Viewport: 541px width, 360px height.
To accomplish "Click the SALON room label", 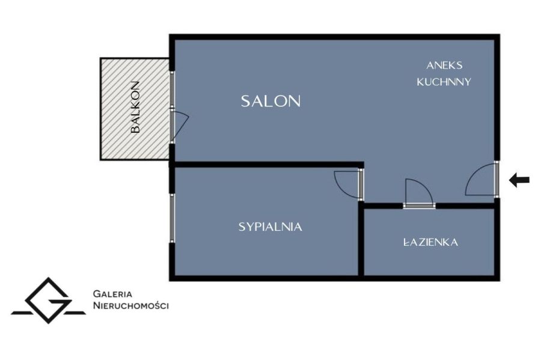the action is click(x=270, y=101).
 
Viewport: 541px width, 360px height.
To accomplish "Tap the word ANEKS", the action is click(x=444, y=65).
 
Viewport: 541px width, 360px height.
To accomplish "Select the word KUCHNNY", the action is click(x=444, y=82).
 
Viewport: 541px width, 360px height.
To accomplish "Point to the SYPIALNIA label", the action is click(x=270, y=227).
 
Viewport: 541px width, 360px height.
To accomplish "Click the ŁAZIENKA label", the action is click(x=430, y=242).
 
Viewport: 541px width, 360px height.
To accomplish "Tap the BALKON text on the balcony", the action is click(x=136, y=107).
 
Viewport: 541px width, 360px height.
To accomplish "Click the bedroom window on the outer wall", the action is click(x=172, y=218).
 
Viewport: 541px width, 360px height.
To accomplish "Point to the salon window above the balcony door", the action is click(x=172, y=90).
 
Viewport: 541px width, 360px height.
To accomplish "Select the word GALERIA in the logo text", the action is click(x=112, y=294).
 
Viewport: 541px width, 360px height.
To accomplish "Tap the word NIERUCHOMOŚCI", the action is click(x=131, y=305).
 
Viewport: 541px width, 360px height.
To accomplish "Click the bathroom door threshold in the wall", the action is click(x=419, y=206).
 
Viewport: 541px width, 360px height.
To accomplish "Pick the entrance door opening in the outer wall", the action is click(x=497, y=179).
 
